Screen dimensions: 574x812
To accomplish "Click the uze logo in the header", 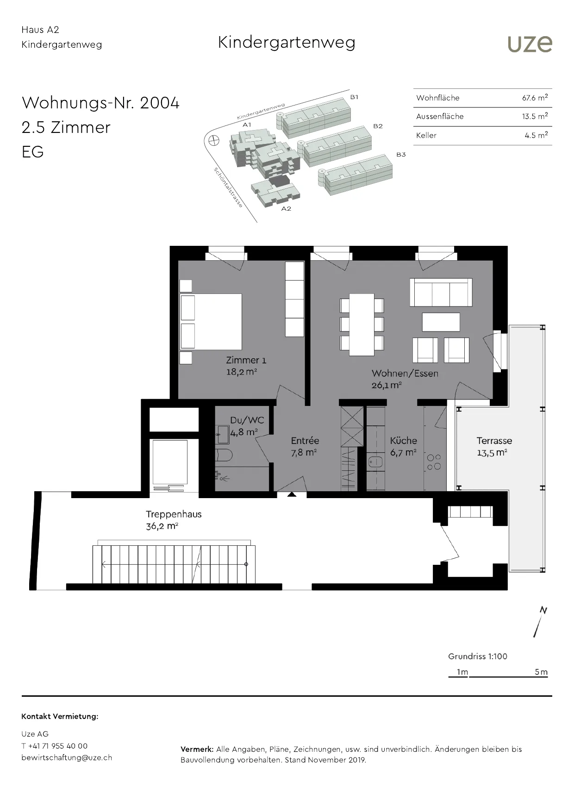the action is pos(530,44).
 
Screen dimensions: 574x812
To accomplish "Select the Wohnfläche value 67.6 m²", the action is pos(535,98).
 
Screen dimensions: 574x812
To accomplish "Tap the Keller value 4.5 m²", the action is pos(537,135).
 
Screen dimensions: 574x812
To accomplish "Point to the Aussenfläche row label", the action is pos(440,117).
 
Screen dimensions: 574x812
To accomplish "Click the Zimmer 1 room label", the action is pos(246,360).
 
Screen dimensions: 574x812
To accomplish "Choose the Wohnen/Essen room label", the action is pos(405,374).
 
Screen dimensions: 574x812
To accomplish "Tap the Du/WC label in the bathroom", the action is pos(247,420).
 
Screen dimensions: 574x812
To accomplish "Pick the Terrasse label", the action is pos(494,441).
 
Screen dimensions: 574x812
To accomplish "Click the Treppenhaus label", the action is pos(174,514).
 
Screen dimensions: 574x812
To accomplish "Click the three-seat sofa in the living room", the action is pos(441,292).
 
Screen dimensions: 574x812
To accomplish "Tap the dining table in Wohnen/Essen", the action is pos(362,324).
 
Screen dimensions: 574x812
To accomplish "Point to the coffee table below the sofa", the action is pos(441,322).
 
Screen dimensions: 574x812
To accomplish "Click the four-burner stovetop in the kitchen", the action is pos(434,462).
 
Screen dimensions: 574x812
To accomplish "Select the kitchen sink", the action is pos(375,462).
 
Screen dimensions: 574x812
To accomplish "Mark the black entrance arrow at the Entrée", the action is pos(292,494).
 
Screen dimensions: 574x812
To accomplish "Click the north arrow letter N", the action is pos(543,611).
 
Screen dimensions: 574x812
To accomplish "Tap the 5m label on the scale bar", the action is pos(541,672).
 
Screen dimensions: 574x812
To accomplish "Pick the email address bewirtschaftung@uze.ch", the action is pos(67,758).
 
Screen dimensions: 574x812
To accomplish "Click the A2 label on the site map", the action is pos(286,209).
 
